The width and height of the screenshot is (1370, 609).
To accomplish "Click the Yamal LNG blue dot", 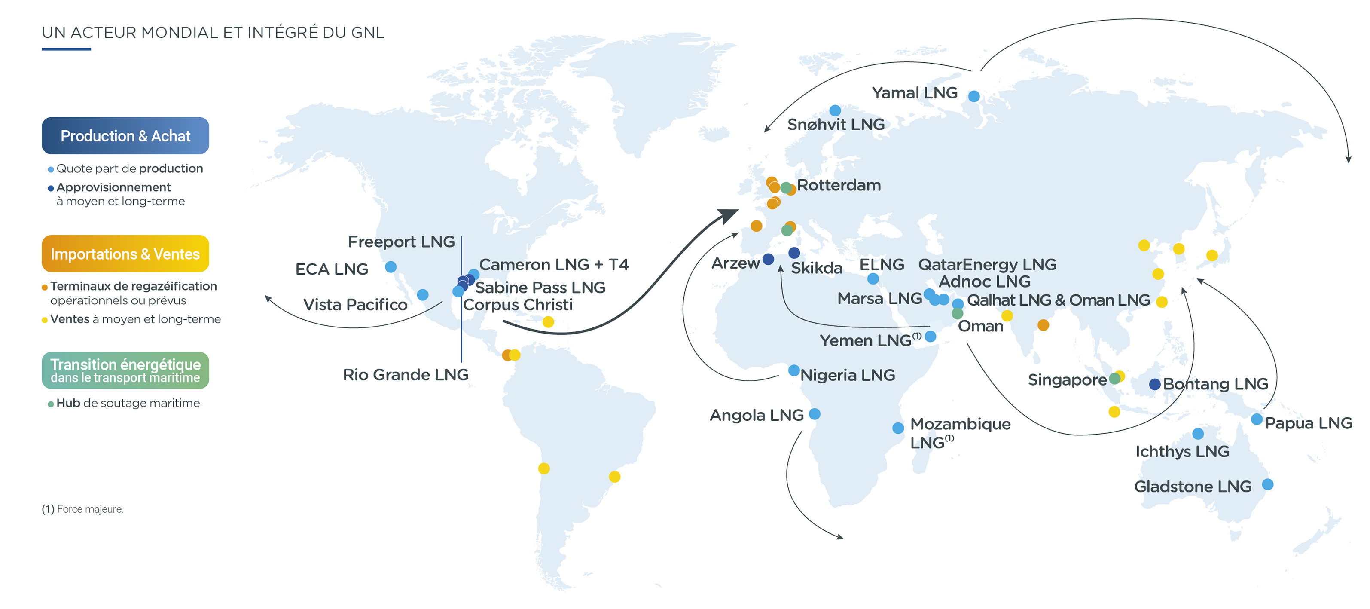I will click(974, 96).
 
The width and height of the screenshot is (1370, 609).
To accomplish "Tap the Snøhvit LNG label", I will click(836, 125).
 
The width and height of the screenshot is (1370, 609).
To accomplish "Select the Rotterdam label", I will click(839, 185).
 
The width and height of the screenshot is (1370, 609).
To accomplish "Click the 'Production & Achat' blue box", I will click(125, 136).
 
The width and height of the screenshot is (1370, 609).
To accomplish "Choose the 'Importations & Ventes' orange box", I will click(125, 254).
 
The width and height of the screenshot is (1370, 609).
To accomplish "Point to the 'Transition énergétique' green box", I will click(125, 370).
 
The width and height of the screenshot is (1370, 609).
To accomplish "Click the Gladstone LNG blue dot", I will click(1267, 484).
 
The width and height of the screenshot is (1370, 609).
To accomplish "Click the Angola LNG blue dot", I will click(814, 414).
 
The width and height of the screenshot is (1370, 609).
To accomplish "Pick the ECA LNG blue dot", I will click(391, 267).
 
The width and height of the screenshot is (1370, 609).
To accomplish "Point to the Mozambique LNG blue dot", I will click(898, 428).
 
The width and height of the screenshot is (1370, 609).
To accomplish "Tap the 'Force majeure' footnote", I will click(83, 509).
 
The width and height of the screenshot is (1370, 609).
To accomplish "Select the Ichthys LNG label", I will click(1182, 452).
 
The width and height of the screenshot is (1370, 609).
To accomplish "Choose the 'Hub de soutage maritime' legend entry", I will click(128, 403).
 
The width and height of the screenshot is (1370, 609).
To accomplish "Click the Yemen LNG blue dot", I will click(930, 336).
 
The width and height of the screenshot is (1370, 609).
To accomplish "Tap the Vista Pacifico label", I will click(355, 305).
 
